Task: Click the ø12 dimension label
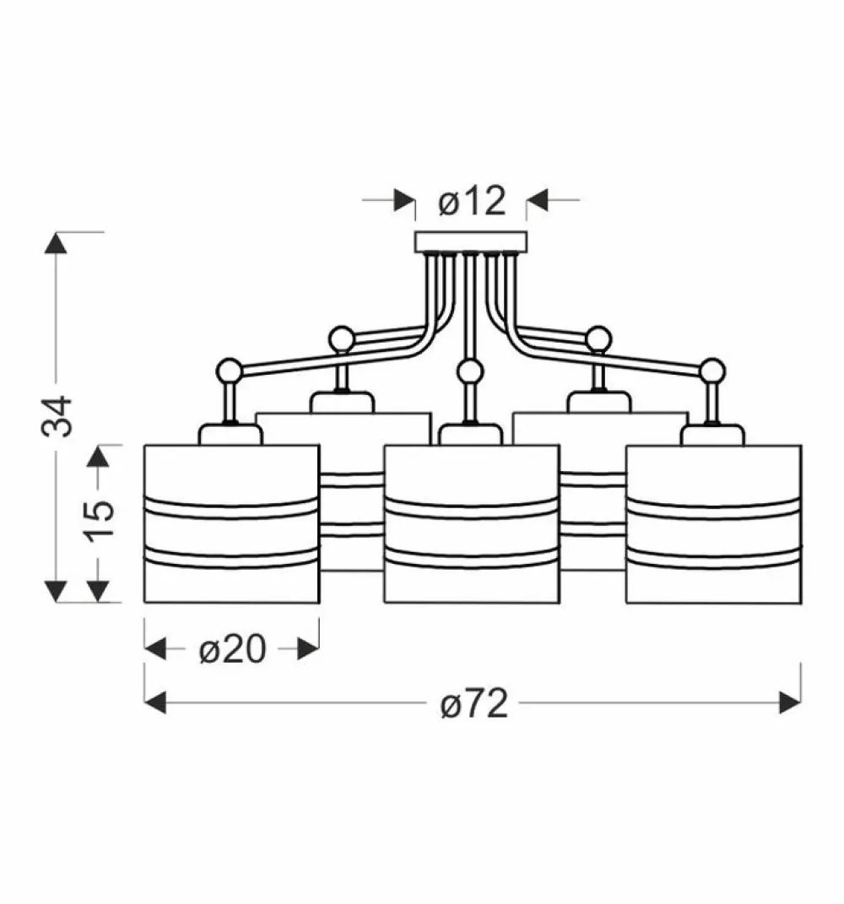point(472,202)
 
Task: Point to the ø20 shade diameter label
point(232,649)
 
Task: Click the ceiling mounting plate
point(471,242)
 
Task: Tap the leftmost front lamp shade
point(231,523)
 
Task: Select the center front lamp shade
point(471,523)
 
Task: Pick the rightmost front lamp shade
point(713,523)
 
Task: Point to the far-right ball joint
point(711,369)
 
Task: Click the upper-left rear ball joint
point(341,338)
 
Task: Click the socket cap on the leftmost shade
point(230,435)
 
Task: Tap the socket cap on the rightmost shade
point(713,435)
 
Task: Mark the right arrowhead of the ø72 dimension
point(791,701)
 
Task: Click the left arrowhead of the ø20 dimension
point(155,649)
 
